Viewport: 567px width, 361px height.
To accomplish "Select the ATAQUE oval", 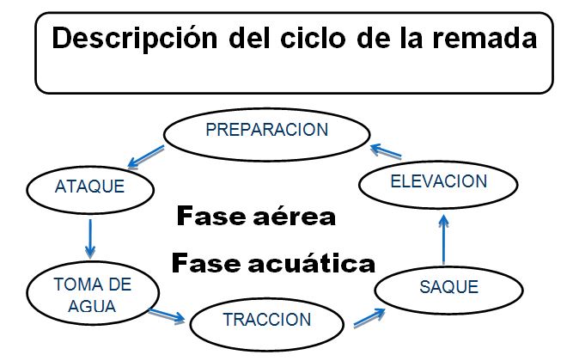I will (x=88, y=187).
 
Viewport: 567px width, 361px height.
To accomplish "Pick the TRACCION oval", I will (x=266, y=320).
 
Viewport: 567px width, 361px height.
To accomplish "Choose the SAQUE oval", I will (x=448, y=287).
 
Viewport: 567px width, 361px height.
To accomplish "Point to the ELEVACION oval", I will (x=438, y=181).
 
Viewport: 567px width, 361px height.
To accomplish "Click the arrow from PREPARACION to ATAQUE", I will (x=146, y=156).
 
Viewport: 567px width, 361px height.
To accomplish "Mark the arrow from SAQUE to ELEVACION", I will (x=443, y=240).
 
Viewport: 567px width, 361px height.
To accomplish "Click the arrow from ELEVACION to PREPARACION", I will (x=386, y=152).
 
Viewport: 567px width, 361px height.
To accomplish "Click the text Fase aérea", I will (x=256, y=216).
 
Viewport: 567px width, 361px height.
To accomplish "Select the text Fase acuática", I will (x=273, y=261).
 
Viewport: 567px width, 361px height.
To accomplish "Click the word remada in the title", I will (x=478, y=39).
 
